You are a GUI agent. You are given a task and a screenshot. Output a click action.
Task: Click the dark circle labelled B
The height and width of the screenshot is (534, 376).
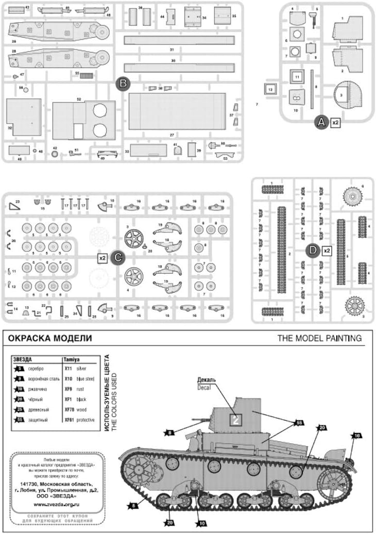click(123, 84)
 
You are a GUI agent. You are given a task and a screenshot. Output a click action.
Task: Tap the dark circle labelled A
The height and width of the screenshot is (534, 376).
click(321, 122)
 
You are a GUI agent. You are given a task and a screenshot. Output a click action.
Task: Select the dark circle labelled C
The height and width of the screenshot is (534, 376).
click(117, 257)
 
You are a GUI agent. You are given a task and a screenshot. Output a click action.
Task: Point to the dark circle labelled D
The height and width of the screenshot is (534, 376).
click(312, 251)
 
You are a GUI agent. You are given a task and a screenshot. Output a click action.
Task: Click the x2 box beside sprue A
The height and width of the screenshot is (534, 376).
click(335, 123)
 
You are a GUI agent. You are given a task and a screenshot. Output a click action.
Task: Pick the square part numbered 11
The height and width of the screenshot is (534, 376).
click(297, 76)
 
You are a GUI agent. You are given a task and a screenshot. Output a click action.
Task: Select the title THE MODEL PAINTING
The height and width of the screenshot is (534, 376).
click(319, 339)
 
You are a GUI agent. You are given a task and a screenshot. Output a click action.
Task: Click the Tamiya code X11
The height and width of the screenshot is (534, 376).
click(69, 369)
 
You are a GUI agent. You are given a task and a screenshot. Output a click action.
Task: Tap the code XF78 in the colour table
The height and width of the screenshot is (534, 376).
click(69, 410)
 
